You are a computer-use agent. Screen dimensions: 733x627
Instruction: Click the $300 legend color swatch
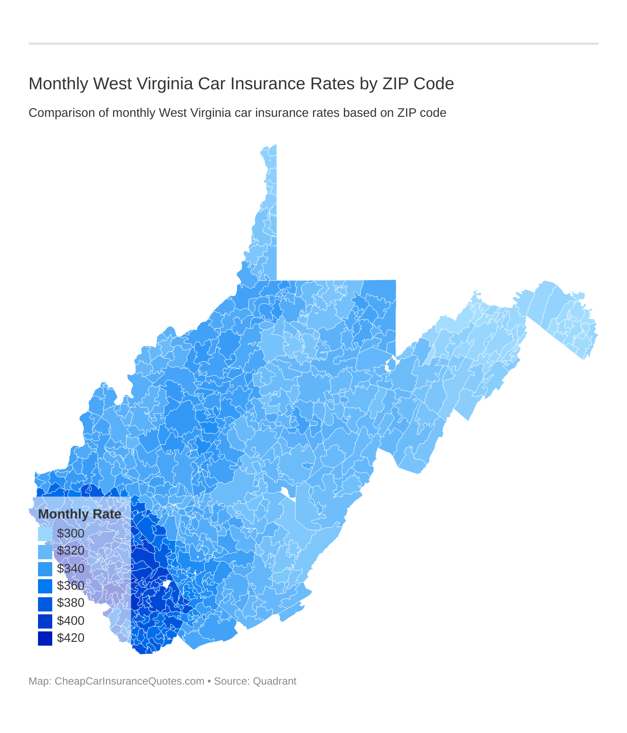point(45,534)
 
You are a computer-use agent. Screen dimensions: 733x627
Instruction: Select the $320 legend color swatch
point(45,551)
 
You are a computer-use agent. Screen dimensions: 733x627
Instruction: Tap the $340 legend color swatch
point(45,569)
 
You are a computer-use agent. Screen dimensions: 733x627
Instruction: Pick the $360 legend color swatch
point(45,586)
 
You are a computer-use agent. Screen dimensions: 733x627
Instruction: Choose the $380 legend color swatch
point(45,603)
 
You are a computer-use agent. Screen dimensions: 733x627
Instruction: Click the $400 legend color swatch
point(45,621)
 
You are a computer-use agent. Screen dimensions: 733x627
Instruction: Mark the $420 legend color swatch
point(45,638)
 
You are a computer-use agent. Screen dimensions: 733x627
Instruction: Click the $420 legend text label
point(71,638)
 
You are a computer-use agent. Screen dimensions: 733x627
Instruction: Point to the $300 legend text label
point(71,534)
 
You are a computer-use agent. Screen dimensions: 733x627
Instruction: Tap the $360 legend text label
point(71,586)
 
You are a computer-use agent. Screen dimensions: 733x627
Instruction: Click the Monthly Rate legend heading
point(80,514)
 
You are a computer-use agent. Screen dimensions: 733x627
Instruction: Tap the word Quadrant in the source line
point(275,681)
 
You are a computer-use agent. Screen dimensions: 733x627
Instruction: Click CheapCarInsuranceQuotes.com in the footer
point(129,681)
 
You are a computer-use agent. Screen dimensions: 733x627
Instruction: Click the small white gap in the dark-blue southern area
point(167,583)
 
